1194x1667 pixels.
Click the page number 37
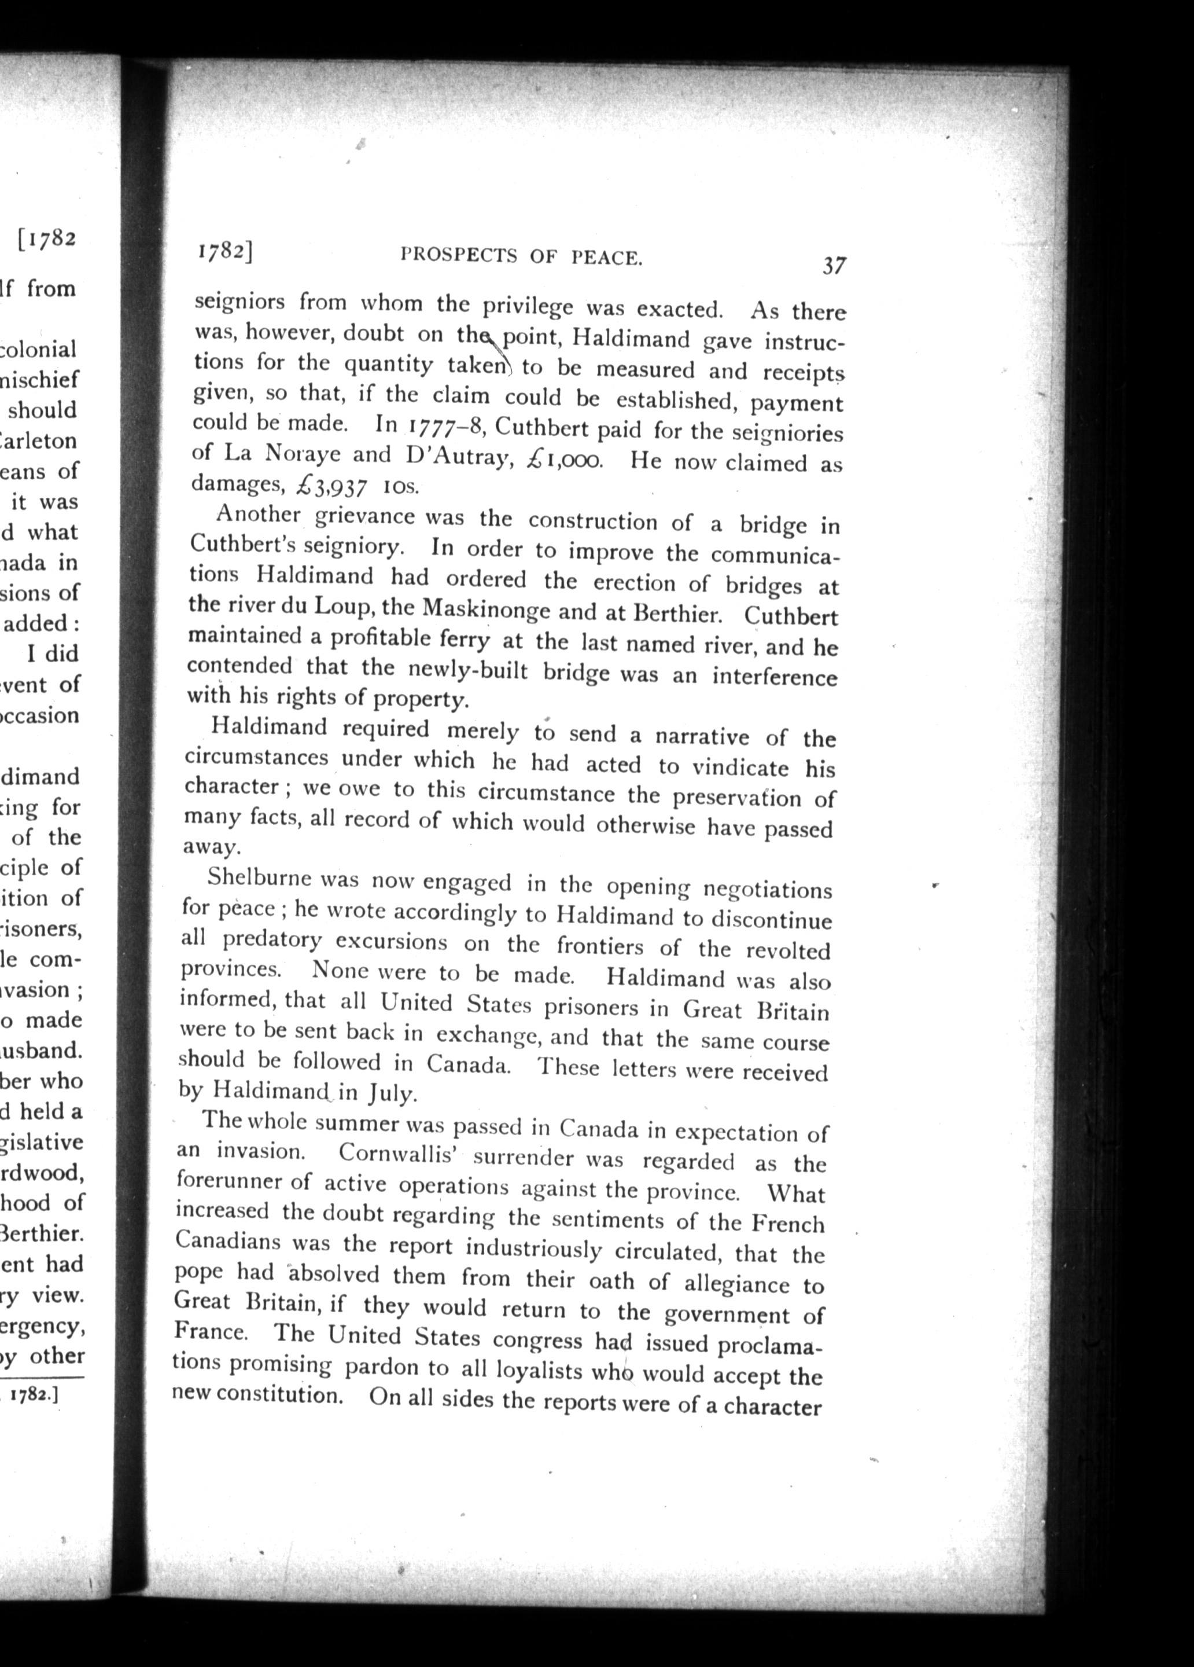tap(834, 265)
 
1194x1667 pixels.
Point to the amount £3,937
tap(329, 486)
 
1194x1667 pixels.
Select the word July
tap(394, 1093)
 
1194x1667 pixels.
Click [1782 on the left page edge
tap(46, 240)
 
